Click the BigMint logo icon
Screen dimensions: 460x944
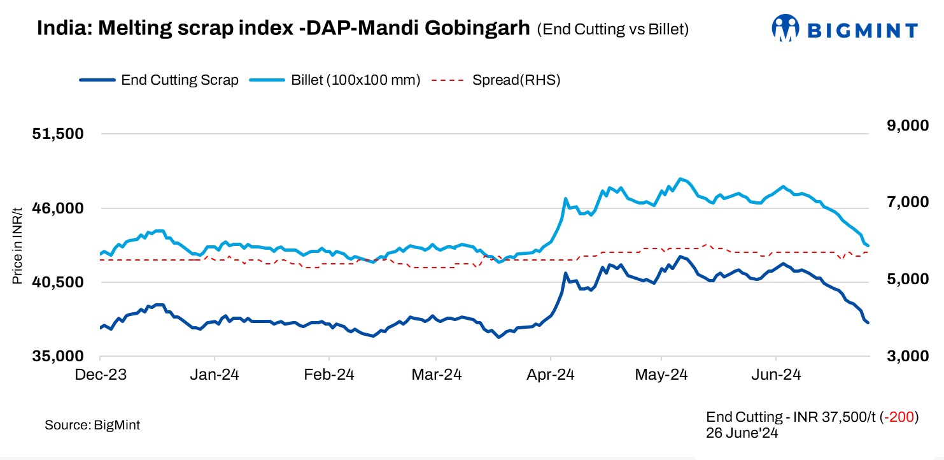[x=785, y=29]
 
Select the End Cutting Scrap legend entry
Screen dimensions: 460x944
[x=180, y=80]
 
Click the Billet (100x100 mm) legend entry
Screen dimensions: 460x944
[x=355, y=80]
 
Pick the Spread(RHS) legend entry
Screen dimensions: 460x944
[x=516, y=80]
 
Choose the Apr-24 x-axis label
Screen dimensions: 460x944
[x=550, y=375]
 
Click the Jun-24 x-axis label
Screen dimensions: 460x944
[x=775, y=375]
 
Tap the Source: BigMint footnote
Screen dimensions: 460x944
[x=92, y=425]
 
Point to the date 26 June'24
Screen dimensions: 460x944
[x=742, y=433]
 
